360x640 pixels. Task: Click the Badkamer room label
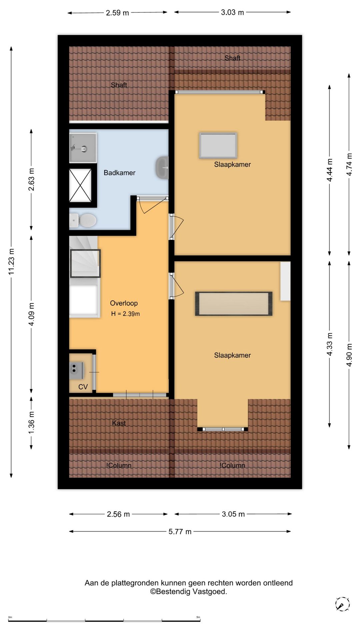tap(119, 173)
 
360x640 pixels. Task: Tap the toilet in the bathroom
tap(83, 220)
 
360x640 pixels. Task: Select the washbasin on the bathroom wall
tap(162, 167)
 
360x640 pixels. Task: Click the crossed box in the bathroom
tap(80, 185)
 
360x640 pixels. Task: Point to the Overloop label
tap(124, 303)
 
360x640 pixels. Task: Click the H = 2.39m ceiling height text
tap(125, 314)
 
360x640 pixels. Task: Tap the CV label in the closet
tap(83, 387)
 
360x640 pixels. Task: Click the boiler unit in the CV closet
tap(77, 370)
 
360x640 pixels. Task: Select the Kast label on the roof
tap(119, 423)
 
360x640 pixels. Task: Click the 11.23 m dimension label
tap(11, 262)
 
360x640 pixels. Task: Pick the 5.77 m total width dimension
tap(180, 531)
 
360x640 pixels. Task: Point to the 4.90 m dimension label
tap(349, 355)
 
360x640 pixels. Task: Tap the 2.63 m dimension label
tap(31, 179)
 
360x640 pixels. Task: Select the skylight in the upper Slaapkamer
tap(218, 145)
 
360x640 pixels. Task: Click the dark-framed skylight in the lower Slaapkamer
tap(234, 304)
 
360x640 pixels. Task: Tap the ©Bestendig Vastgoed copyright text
tap(189, 592)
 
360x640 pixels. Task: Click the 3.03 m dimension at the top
tap(232, 12)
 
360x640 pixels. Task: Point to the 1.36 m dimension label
tap(31, 423)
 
